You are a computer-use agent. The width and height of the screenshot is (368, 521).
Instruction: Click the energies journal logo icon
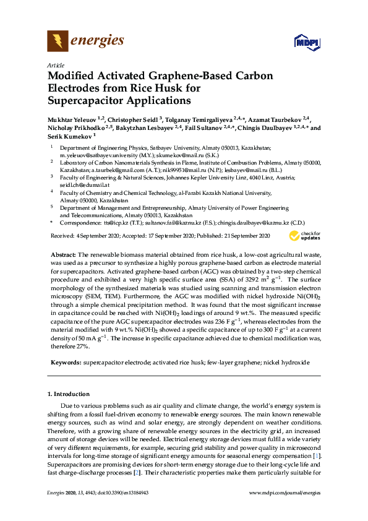58,41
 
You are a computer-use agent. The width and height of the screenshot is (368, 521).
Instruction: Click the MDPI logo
303,42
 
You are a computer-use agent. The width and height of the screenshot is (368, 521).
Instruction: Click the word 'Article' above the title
55,65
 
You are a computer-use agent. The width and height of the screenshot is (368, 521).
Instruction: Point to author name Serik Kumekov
68,136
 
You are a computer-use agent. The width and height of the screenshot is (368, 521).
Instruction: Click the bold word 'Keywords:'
65,361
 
